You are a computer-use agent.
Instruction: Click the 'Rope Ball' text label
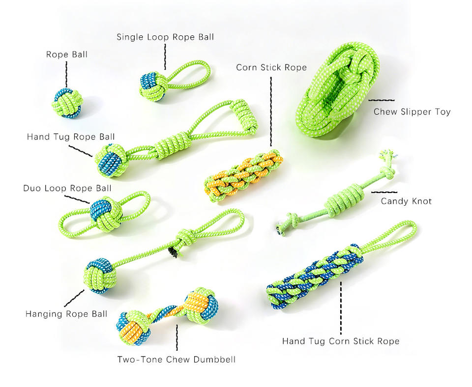(x=67, y=55)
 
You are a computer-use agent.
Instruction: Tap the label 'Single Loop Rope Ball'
(x=165, y=37)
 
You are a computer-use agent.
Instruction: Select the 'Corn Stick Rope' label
(x=271, y=67)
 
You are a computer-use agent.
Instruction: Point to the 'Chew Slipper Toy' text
(x=412, y=112)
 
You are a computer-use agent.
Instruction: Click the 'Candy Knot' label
(x=406, y=201)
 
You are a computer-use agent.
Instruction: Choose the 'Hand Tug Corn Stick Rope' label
(x=341, y=341)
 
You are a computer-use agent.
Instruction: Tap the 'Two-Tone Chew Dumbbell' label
(x=177, y=359)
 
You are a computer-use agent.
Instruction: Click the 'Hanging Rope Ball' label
(x=66, y=314)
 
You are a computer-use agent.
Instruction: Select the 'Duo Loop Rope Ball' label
(x=67, y=188)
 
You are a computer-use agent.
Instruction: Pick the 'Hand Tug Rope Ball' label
(x=71, y=137)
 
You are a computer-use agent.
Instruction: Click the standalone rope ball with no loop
(x=68, y=103)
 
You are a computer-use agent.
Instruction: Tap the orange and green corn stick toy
(x=243, y=176)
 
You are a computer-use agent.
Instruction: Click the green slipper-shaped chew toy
(x=337, y=89)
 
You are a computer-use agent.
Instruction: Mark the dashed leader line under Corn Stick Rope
(x=271, y=111)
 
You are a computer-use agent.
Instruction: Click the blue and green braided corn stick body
(x=315, y=277)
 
